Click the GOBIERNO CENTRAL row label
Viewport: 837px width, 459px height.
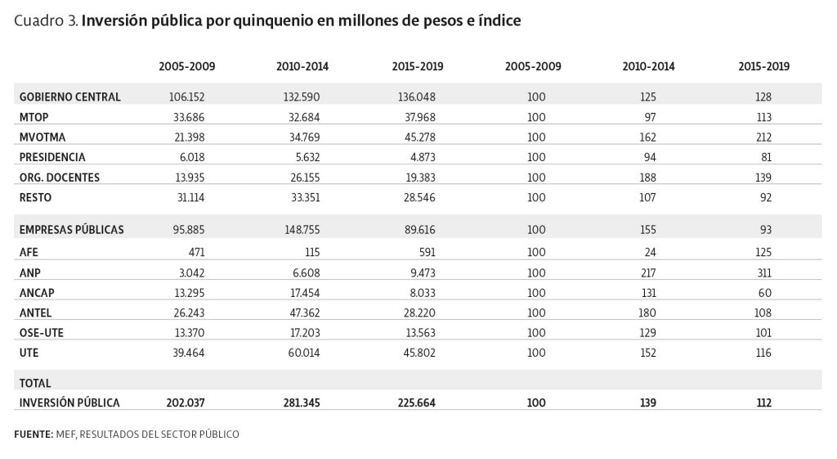point(70,97)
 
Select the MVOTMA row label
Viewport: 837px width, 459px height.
point(43,137)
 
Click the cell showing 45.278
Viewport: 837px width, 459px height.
point(420,137)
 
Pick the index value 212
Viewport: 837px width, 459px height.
point(763,137)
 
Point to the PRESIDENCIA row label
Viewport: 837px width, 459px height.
point(52,157)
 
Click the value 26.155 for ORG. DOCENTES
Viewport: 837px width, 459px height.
point(305,178)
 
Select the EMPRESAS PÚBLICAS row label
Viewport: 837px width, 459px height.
point(72,230)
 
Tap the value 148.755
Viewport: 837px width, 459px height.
point(302,230)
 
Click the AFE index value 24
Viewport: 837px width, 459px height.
point(650,252)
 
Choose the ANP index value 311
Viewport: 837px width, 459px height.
point(764,273)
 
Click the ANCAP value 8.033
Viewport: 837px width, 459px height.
point(420,293)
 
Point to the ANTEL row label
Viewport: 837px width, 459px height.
point(35,313)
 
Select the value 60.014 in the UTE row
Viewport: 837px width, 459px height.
point(304,353)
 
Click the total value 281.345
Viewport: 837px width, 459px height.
point(302,403)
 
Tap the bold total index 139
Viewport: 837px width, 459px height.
point(648,403)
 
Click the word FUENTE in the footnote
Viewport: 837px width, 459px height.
point(34,434)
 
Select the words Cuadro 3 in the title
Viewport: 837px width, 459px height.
point(47,20)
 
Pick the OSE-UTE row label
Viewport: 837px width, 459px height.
point(42,333)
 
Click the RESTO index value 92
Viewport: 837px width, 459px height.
point(765,198)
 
